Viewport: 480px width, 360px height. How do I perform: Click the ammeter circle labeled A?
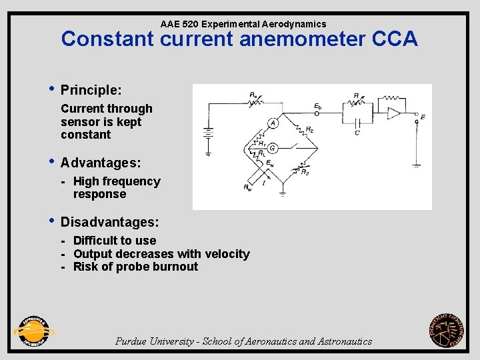(273, 123)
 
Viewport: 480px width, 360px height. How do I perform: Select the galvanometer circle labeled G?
(273, 148)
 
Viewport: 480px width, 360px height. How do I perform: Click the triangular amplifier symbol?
(394, 113)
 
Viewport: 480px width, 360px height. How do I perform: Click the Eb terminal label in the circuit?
(318, 106)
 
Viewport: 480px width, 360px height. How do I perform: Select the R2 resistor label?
(309, 129)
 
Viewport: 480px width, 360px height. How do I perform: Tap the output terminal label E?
(423, 117)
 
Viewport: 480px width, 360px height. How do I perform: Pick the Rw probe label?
(247, 188)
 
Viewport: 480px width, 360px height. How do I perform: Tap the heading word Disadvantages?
(109, 222)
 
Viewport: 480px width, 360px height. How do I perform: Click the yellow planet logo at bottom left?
(33, 331)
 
